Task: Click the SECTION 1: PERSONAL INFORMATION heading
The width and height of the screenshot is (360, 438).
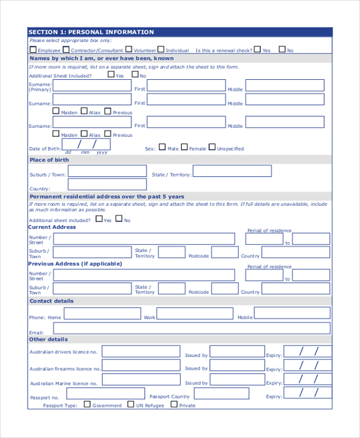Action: pos(91,32)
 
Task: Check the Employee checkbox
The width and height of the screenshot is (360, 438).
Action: pos(33,50)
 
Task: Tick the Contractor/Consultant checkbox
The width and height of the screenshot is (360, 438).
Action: pos(66,50)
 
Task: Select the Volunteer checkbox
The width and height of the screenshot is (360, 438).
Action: pos(128,50)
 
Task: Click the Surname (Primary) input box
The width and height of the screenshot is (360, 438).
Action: pos(92,85)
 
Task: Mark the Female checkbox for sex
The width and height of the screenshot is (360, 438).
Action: pos(185,147)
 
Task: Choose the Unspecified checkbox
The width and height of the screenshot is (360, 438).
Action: pos(212,147)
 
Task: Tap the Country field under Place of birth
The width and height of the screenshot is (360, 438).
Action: pos(107,186)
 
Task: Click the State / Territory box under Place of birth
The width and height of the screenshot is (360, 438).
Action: pos(232,171)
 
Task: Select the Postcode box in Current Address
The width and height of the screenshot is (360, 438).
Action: pos(224,253)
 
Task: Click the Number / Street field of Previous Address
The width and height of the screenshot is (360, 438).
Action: pos(144,275)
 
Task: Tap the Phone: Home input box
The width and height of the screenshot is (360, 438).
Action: pos(102,314)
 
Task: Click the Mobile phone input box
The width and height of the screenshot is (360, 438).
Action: pos(292,313)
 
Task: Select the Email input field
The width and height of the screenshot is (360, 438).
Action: pos(191,328)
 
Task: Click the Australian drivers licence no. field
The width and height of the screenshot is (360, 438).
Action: pos(140,352)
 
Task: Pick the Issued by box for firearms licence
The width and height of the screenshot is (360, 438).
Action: pos(238,366)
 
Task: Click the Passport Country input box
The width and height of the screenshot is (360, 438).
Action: pos(229,394)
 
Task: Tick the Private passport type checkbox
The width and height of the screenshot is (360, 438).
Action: pos(174,404)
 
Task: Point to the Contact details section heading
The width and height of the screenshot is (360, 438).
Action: pos(52,301)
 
